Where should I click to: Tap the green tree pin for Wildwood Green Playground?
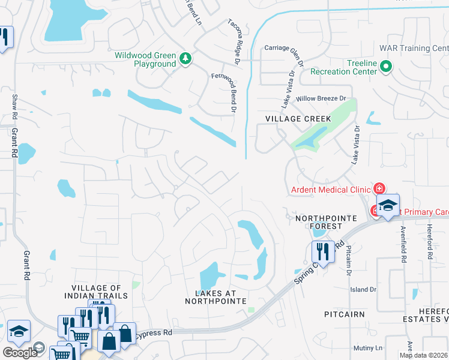click(185, 58)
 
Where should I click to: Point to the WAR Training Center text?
click(413, 48)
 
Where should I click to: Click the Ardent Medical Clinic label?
click(330, 190)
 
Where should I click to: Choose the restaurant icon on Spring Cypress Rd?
click(322, 252)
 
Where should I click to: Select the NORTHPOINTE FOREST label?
click(318, 222)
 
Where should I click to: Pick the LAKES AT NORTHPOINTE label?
click(221, 296)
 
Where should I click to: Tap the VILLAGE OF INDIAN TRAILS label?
click(99, 292)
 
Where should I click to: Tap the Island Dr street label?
click(363, 289)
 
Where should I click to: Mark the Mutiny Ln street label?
click(367, 348)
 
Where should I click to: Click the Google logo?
click(20, 352)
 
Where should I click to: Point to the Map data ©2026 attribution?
click(423, 355)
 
